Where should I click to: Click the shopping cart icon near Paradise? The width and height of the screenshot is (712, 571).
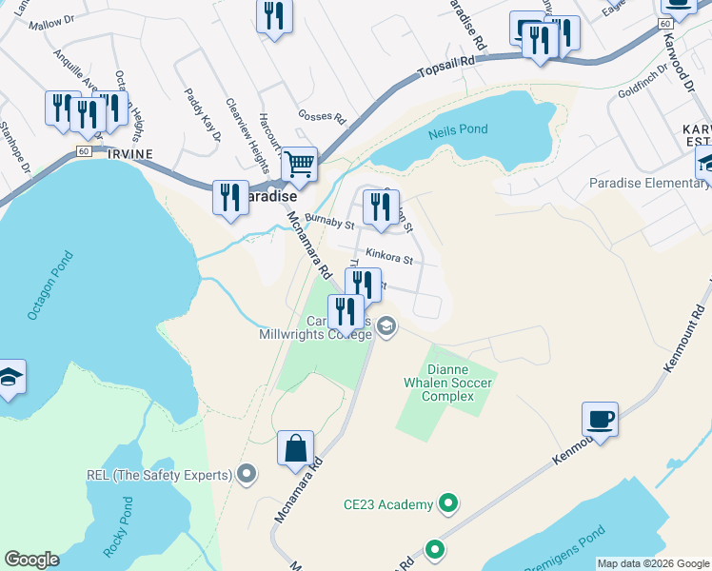pyautogui.click(x=300, y=164)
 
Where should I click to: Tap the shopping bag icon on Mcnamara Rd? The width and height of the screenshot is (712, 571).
pyautogui.click(x=296, y=448)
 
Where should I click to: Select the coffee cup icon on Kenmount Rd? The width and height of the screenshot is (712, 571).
pyautogui.click(x=600, y=418)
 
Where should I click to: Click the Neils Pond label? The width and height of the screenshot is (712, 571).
pyautogui.click(x=458, y=129)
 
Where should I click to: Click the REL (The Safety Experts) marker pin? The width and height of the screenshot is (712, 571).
pyautogui.click(x=247, y=474)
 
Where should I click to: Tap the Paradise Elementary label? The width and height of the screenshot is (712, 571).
pyautogui.click(x=643, y=183)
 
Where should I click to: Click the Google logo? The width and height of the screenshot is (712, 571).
pyautogui.click(x=31, y=560)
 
